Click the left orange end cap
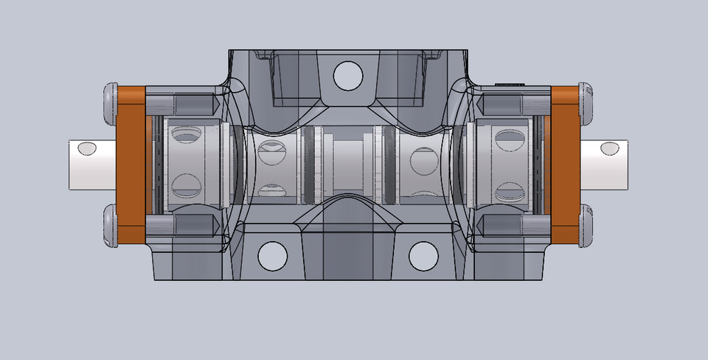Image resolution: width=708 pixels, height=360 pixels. pos(132,165)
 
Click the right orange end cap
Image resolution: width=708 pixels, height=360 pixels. pos(566,165)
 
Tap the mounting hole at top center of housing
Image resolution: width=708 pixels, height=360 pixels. pos(347,75)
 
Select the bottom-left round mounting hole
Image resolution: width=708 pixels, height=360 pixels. pos(272,255)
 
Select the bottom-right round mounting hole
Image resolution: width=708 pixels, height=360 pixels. pos(423,255)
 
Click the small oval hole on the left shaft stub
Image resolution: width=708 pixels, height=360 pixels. pos(87,149)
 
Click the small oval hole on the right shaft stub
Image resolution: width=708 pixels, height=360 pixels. pos(610,149)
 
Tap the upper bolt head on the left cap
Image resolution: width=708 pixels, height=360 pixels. pos(110,103)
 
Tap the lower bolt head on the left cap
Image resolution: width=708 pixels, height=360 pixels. pos(110,226)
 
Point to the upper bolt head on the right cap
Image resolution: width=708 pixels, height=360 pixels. pos(588,103)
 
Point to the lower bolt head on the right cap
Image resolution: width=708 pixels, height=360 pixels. pos(588,226)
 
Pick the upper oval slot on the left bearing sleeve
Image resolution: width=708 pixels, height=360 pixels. pos(186,134)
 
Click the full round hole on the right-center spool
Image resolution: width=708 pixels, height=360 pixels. pos(423,160)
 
